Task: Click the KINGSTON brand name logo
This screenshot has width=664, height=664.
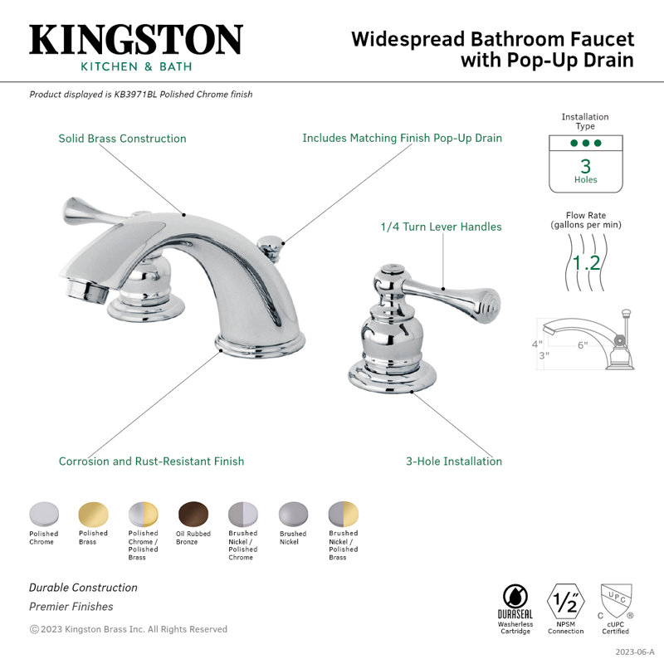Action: pos(136,39)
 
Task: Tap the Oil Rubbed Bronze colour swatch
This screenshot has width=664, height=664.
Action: pos(193,515)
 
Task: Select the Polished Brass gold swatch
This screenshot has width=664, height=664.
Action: pos(94,515)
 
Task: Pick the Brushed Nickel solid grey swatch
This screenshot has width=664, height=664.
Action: pos(294,515)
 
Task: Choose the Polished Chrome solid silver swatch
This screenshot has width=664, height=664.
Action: pos(44,515)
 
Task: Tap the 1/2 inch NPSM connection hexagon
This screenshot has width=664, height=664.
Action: pos(566,601)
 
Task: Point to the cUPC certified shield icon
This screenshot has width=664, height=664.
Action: pos(616,601)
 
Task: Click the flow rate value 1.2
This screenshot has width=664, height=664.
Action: pos(586,263)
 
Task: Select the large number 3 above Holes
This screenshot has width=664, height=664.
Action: pos(586,166)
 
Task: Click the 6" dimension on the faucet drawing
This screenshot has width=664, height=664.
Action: pos(583,345)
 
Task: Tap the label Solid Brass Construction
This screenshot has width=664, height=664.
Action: pos(122,139)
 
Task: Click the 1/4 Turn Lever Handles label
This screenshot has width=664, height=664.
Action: pos(441,227)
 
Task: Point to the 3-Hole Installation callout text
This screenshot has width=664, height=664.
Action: pos(454,461)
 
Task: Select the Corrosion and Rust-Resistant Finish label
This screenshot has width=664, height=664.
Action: pos(151,461)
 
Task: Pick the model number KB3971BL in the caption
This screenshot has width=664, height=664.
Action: pos(135,95)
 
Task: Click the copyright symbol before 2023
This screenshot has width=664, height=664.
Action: pos(34,629)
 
